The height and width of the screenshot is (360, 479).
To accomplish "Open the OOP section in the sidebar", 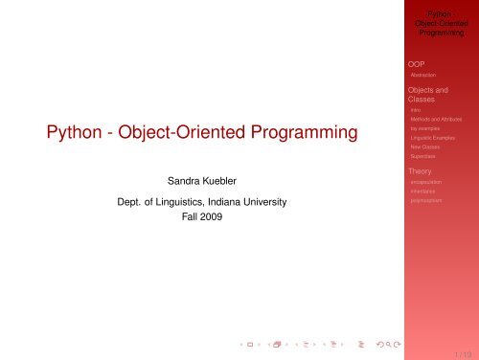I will coord(418,64).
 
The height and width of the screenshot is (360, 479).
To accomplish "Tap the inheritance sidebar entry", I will coord(422,192).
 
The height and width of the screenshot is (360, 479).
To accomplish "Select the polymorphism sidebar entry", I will coord(426,202).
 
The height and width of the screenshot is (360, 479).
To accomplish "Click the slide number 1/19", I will coord(461,351).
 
